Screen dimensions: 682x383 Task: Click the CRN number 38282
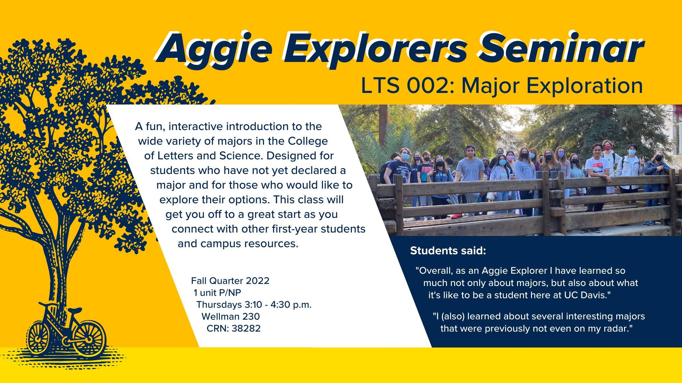(x=246, y=329)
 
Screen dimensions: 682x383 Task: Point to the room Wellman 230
(x=231, y=317)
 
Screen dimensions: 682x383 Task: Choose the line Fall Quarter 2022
(x=230, y=281)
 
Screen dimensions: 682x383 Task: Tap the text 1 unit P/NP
(x=217, y=293)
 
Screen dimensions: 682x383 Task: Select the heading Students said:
(x=448, y=251)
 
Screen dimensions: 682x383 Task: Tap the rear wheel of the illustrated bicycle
(x=39, y=338)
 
